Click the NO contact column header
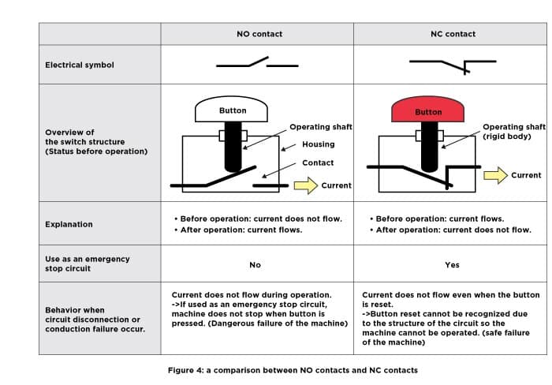click(259, 34)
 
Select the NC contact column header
click(453, 34)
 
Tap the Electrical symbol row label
click(80, 65)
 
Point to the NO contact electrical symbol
click(257, 62)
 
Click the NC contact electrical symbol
click(453, 66)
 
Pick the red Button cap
click(427, 110)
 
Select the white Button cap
click(231, 110)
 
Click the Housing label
click(319, 144)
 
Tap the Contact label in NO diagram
click(318, 163)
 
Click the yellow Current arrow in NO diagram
click(306, 185)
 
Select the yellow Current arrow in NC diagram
click(496, 175)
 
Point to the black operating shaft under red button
click(430, 147)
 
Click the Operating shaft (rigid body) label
click(514, 132)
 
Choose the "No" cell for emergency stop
click(255, 265)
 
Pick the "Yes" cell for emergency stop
click(452, 265)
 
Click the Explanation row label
click(69, 224)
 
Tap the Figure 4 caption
click(293, 370)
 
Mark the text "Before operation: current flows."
click(440, 219)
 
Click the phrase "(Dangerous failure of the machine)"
click(278, 323)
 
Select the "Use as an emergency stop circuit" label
click(88, 264)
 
